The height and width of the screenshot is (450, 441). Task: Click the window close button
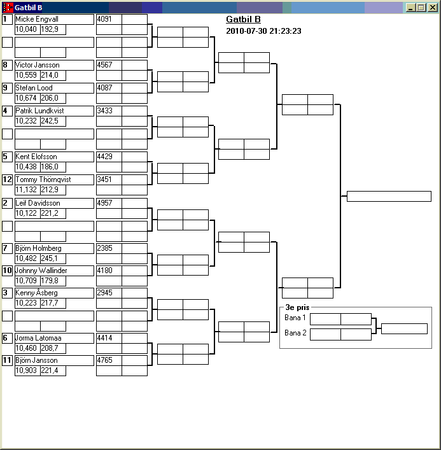coord(432,8)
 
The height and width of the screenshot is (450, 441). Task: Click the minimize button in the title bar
coord(410,8)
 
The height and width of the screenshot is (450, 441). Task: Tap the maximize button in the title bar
coord(421,8)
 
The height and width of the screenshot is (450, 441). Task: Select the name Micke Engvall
coord(37,19)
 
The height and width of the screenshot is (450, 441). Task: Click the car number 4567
coord(104,65)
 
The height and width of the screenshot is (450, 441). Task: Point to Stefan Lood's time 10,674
coord(26,98)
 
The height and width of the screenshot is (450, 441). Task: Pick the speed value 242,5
coord(50,121)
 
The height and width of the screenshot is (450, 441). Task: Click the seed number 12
coord(7,179)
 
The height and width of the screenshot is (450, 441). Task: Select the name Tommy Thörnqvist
coord(43,179)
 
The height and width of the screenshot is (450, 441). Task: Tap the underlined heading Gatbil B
coord(243,19)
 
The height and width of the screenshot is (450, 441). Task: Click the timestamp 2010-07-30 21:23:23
coord(263,31)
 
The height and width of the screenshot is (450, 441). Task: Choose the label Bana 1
coord(295,318)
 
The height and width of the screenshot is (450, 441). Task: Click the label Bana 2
coord(295,333)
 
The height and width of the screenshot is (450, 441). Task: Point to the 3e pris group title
coord(297,307)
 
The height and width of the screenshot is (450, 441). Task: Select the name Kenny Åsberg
coord(36,293)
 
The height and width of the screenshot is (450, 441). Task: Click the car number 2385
coord(104,248)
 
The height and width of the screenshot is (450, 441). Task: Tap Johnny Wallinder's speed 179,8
coord(50,281)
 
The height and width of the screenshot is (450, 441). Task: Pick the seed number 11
coord(7,360)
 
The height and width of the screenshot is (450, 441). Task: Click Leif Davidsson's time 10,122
coord(26,213)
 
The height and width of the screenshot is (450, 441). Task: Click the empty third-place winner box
coord(404,328)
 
